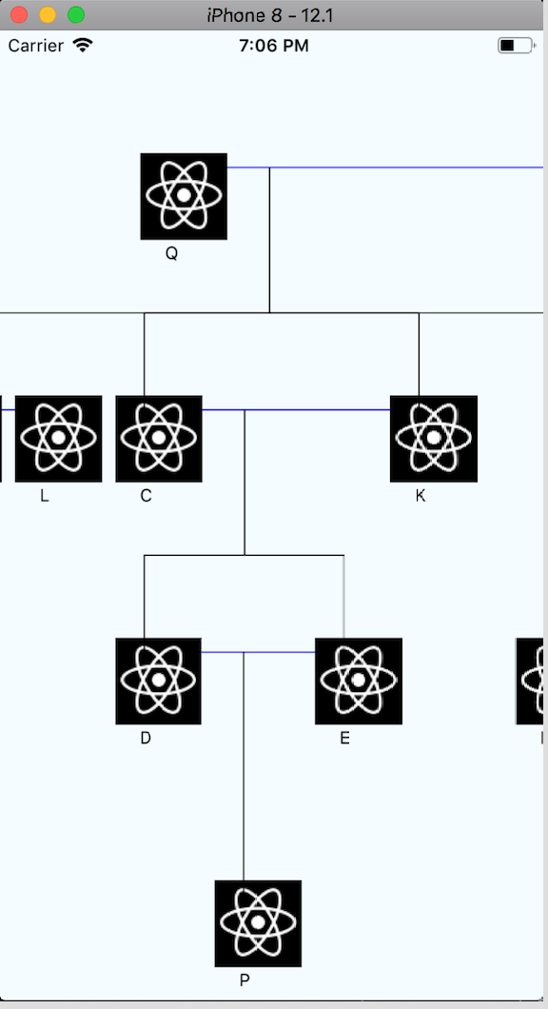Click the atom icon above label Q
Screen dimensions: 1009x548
tap(184, 196)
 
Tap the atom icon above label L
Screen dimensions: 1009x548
tap(58, 439)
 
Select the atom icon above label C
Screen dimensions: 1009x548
tap(159, 439)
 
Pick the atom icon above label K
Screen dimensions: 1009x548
tap(434, 439)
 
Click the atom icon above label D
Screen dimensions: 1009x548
tap(159, 681)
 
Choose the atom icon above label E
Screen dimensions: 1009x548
tap(359, 681)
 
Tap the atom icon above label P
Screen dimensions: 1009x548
tap(258, 923)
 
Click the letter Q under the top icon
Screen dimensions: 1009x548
tap(171, 254)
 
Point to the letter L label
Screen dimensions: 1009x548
tap(45, 496)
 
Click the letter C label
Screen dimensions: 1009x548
tap(146, 496)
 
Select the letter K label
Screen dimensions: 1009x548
tap(421, 496)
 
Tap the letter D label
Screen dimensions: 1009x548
tap(146, 738)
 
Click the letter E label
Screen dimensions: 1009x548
tap(344, 738)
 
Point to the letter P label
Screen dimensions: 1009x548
tap(245, 979)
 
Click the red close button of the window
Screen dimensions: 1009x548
tap(19, 15)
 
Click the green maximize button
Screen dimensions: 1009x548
tap(76, 15)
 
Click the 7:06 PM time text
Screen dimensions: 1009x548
tap(274, 46)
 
